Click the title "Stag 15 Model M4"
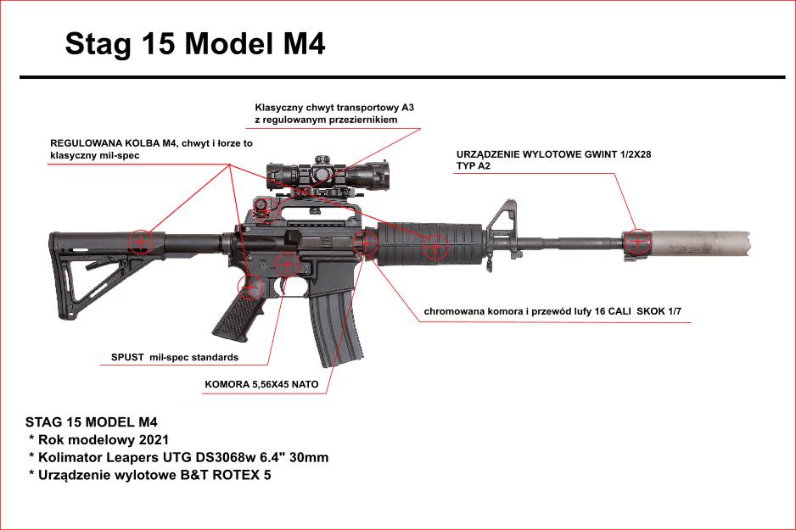[195, 44]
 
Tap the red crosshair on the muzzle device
[637, 242]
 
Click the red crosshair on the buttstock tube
[141, 242]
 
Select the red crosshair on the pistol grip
[249, 287]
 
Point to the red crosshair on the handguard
[435, 247]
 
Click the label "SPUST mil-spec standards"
[175, 357]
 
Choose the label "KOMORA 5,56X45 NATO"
[261, 384]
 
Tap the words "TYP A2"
[473, 166]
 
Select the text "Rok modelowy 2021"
[104, 439]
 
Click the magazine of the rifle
[334, 331]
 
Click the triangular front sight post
[507, 216]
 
